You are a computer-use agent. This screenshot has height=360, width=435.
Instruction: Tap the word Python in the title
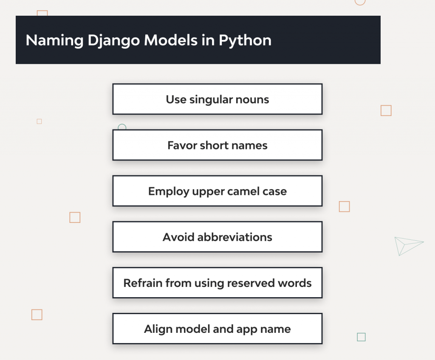(245, 40)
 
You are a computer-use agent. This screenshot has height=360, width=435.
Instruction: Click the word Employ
(169, 191)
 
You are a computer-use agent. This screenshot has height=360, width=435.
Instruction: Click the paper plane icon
(407, 245)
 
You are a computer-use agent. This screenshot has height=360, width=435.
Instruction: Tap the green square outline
(361, 337)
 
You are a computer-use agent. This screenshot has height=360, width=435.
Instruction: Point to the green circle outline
(122, 127)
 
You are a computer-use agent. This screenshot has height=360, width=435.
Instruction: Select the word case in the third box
(274, 191)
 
